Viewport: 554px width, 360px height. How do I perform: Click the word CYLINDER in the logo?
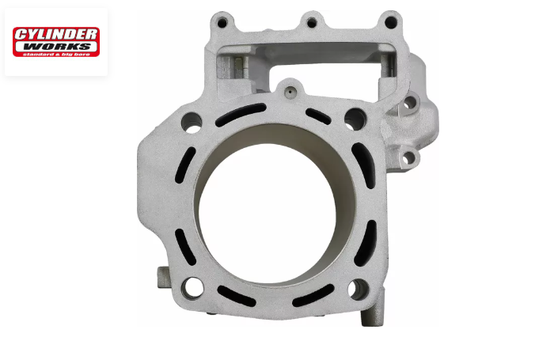pyautogui.click(x=56, y=35)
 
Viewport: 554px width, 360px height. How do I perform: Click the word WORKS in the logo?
pyautogui.click(x=56, y=47)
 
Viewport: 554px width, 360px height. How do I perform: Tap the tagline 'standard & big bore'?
pyautogui.click(x=56, y=54)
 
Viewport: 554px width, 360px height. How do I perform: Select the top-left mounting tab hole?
pyautogui.click(x=222, y=23)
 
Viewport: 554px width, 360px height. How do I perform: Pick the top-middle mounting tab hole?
pyautogui.click(x=312, y=23)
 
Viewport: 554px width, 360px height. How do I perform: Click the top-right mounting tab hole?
pyautogui.click(x=391, y=23)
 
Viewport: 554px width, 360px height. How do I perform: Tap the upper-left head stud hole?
pyautogui.click(x=192, y=123)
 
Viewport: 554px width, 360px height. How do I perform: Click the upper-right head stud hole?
pyautogui.click(x=355, y=119)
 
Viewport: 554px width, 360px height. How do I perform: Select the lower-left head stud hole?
pyautogui.click(x=192, y=288)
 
